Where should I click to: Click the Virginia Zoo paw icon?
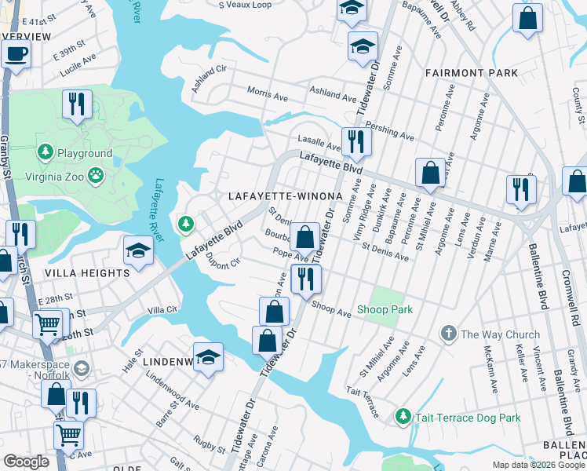[96, 174]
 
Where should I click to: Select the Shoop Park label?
[385, 309]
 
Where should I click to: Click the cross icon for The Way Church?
[448, 334]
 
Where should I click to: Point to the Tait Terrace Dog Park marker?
[403, 414]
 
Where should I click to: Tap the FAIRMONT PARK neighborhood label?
[471, 72]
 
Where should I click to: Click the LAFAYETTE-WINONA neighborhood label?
[285, 195]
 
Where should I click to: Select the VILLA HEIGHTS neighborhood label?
[87, 272]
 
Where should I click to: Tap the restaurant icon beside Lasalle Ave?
[356, 141]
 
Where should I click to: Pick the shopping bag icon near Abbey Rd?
[527, 16]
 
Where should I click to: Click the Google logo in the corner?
[26, 461]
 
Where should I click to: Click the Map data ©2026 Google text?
[538, 465]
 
